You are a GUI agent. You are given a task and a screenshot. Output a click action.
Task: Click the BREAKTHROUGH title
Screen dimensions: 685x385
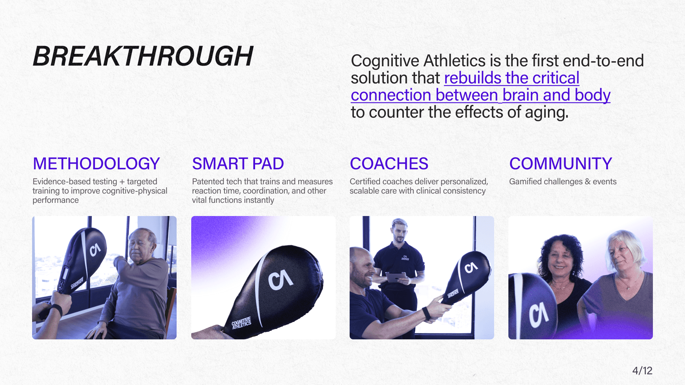click(143, 56)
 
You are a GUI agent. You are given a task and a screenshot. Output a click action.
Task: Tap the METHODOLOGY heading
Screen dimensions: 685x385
click(96, 164)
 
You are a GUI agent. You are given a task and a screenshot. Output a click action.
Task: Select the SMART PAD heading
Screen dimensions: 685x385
click(238, 164)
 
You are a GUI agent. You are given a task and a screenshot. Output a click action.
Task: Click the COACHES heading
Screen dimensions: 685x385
click(389, 164)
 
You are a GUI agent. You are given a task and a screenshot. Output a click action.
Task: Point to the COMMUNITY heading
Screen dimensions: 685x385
click(560, 164)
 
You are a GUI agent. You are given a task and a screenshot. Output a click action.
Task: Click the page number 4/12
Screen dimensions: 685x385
click(642, 371)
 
